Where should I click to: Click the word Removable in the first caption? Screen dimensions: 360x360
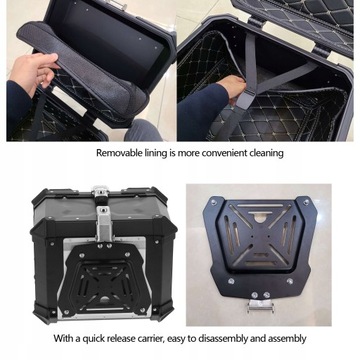(120, 154)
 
